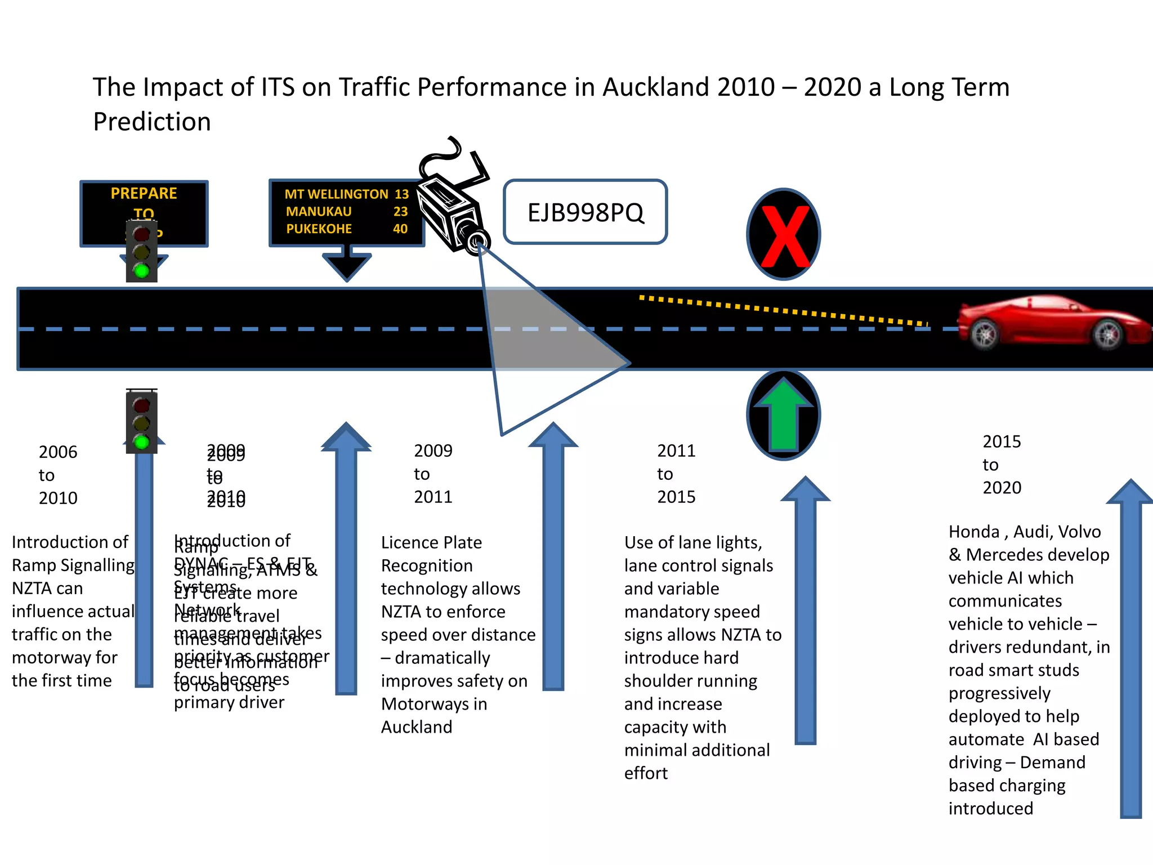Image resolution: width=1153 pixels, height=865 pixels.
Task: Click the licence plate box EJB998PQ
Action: click(x=585, y=212)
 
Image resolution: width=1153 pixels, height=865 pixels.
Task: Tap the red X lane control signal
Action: click(x=784, y=235)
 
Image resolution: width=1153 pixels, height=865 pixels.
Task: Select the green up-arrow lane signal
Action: click(x=783, y=415)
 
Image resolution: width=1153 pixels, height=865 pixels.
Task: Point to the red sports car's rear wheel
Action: click(x=985, y=334)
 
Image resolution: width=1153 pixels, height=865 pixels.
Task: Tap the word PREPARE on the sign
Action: click(x=144, y=194)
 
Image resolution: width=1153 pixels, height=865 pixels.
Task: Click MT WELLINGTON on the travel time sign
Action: click(x=336, y=194)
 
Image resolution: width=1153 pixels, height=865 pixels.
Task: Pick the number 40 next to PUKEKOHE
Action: click(x=400, y=229)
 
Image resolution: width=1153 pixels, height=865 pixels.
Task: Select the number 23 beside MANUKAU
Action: click(x=400, y=211)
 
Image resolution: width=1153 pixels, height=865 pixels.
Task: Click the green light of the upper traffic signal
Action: click(x=141, y=271)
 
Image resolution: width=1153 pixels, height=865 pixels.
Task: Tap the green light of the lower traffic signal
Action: click(x=141, y=442)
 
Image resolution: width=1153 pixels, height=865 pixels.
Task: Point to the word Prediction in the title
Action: click(x=152, y=122)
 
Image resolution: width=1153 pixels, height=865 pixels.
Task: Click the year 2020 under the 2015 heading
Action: click(x=1002, y=488)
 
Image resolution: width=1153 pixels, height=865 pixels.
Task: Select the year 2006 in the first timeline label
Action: click(x=58, y=452)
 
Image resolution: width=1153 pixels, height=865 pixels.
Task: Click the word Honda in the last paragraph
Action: click(x=973, y=532)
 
